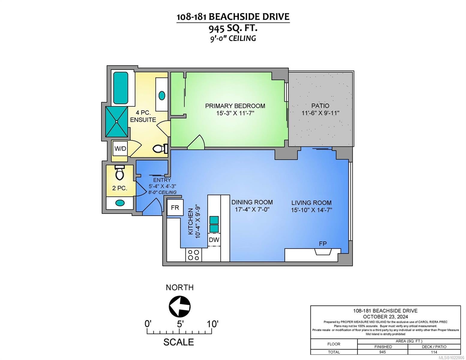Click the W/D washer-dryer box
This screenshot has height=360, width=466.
point(120,148)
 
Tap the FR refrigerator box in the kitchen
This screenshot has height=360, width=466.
point(175,207)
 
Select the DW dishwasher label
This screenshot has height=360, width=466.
point(214,239)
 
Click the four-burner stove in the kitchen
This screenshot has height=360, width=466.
point(194,255)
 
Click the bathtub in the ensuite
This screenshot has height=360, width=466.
point(121,88)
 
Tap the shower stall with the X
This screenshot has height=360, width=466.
point(117,121)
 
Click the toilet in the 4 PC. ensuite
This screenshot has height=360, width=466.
point(160,148)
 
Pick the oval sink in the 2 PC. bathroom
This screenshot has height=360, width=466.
point(120,202)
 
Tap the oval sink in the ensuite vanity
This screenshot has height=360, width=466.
point(162,95)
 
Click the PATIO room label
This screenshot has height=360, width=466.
point(320,106)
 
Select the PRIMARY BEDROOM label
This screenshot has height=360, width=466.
point(235,106)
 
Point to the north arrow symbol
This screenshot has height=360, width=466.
point(180,306)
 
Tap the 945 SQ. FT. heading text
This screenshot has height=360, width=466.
point(233,28)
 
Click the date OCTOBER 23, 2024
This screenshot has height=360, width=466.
point(385,317)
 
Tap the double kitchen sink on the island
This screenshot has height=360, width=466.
point(214,224)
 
